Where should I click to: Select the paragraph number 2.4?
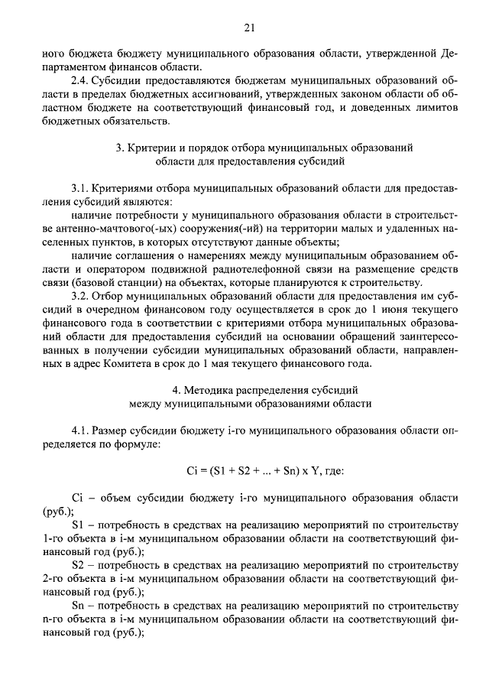tap(79, 80)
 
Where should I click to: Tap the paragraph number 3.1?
tap(79, 188)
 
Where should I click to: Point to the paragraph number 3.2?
tap(79, 296)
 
